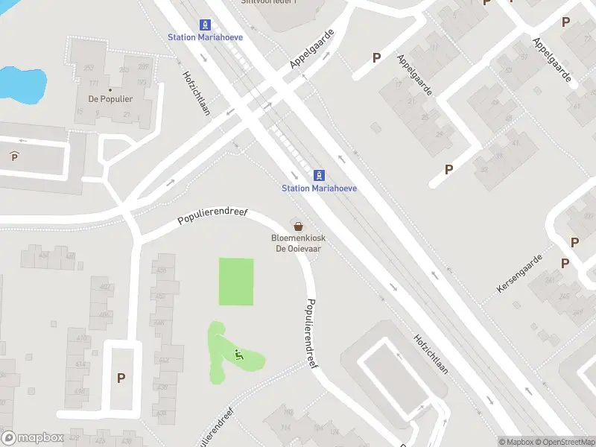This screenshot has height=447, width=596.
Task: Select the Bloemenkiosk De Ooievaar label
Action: (296, 244)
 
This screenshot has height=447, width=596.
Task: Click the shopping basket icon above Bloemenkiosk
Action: (298, 226)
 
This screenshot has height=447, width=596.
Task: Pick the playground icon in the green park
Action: (238, 355)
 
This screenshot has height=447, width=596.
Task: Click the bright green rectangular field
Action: (236, 282)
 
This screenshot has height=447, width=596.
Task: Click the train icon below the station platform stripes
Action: (320, 175)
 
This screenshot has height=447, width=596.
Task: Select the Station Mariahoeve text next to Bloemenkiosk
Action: (319, 188)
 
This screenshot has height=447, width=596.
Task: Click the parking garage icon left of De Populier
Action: (14, 156)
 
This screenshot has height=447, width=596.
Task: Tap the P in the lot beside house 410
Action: (121, 378)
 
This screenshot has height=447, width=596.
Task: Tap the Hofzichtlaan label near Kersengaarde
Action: (431, 353)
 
